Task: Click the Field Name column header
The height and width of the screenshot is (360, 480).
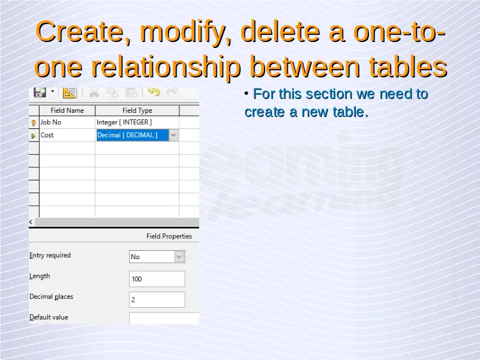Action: click(67, 110)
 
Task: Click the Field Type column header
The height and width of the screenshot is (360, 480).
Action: click(137, 110)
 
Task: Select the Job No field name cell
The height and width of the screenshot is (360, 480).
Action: click(67, 122)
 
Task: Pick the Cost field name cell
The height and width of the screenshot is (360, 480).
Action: click(67, 136)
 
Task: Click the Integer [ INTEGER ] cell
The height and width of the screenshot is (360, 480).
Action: click(137, 122)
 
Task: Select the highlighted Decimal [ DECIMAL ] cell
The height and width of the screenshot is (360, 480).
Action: click(133, 136)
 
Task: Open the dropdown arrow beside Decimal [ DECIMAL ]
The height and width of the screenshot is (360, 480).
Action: click(173, 136)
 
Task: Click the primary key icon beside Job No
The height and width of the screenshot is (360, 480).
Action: click(34, 123)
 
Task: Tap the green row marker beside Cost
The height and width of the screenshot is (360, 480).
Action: click(34, 136)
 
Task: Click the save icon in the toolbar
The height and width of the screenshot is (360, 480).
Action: click(40, 92)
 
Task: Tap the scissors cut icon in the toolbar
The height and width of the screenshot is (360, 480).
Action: click(94, 92)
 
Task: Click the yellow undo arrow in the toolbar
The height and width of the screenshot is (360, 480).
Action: click(154, 92)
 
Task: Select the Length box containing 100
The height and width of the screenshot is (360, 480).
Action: click(157, 279)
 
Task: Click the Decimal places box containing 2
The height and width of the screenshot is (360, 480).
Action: click(157, 299)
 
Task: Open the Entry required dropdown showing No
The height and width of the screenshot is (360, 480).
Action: click(157, 257)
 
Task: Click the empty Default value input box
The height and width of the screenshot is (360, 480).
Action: click(164, 318)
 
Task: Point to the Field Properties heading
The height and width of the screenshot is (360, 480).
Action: click(169, 236)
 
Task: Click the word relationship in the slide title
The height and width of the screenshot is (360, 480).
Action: click(166, 67)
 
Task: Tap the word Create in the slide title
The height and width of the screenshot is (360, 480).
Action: click(83, 31)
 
